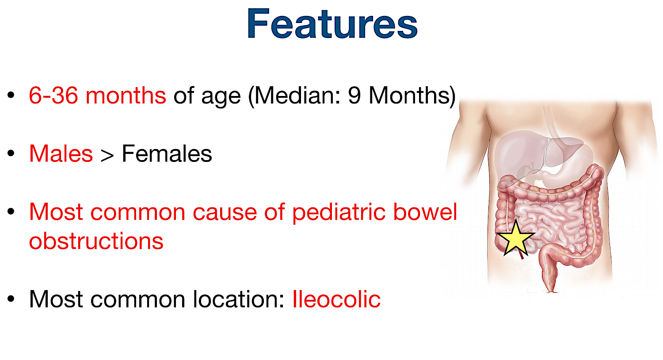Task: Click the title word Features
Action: [332, 24]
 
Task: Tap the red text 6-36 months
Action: [97, 96]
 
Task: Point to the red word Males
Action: [61, 154]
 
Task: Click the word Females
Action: [167, 154]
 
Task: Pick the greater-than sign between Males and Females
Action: [107, 155]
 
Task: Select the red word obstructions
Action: [96, 241]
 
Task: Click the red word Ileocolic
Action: [336, 299]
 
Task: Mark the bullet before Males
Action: [11, 154]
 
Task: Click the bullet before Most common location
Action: [11, 299]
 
